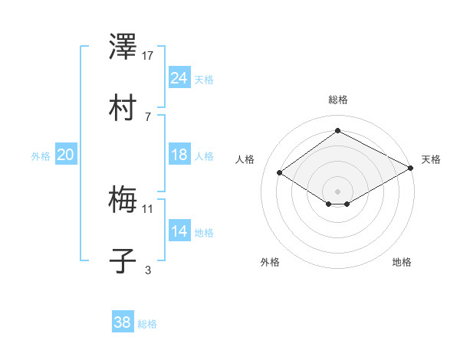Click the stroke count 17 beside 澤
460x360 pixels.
click(x=148, y=56)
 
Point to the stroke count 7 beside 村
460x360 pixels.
click(x=147, y=116)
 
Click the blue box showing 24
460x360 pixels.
click(x=179, y=78)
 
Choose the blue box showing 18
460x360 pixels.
click(x=179, y=155)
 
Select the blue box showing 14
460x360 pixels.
click(x=179, y=232)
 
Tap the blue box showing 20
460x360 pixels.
click(x=65, y=155)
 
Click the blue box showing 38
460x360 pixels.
click(x=122, y=322)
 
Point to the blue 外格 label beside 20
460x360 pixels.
click(x=41, y=156)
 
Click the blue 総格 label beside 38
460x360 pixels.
click(x=147, y=324)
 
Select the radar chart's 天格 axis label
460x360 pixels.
click(x=431, y=159)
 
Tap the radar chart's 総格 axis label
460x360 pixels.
click(x=338, y=100)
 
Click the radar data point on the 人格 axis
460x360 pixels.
click(x=280, y=173)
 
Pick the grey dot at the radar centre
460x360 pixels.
click(x=337, y=190)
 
